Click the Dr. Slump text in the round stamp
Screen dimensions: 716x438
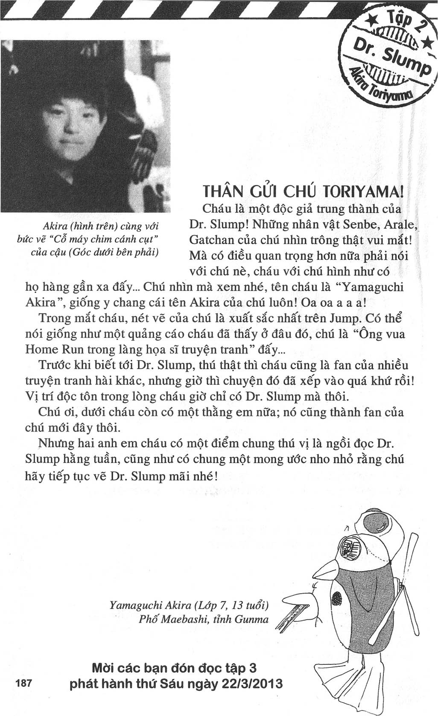[x=388, y=56]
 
